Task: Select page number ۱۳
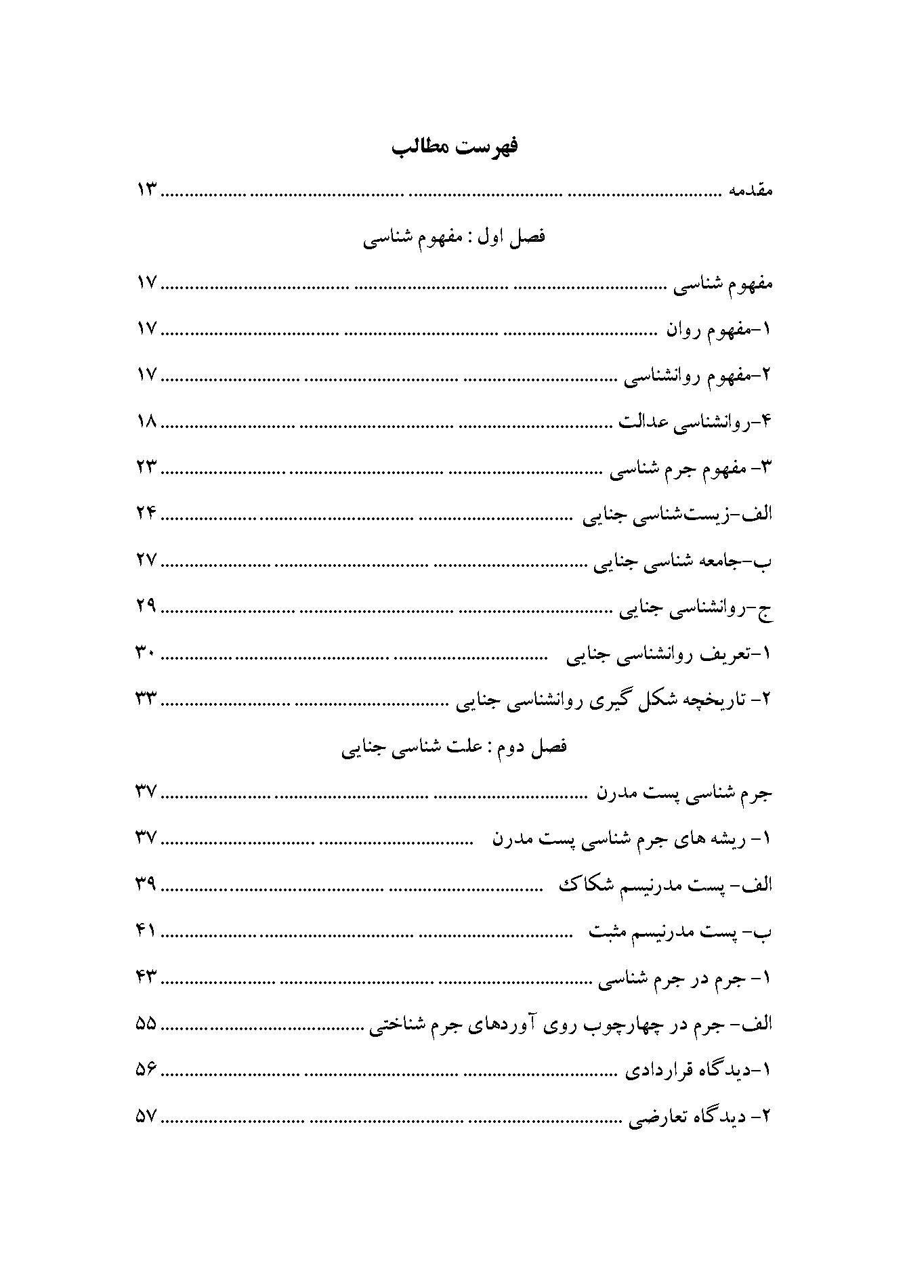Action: pyautogui.click(x=147, y=191)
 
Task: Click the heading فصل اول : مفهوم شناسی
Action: pyautogui.click(x=455, y=238)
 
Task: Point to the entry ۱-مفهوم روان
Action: pyautogui.click(x=719, y=330)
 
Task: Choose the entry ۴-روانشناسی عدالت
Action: pyautogui.click(x=696, y=423)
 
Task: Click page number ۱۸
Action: pyautogui.click(x=147, y=422)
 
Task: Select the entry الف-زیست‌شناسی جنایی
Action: pyautogui.click(x=679, y=515)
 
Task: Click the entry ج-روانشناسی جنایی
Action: pyautogui.click(x=697, y=607)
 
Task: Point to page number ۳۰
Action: pyautogui.click(x=147, y=654)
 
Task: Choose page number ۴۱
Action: pyautogui.click(x=147, y=932)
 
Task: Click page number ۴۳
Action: pyautogui.click(x=147, y=977)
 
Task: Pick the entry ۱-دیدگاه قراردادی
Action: pyautogui.click(x=700, y=1070)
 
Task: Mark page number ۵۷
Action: pyautogui.click(x=147, y=1115)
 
